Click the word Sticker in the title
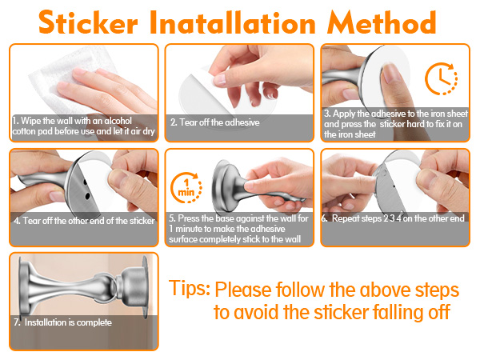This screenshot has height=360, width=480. point(88,22)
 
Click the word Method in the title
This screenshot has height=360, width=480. point(382,22)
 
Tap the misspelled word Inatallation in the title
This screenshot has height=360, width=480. point(233,22)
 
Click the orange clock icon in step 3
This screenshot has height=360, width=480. point(441,78)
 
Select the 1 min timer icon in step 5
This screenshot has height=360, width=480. point(186,188)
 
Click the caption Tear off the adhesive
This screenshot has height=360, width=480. point(215,122)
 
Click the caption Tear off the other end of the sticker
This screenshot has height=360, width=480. point(84,221)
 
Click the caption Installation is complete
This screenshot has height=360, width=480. point(68,322)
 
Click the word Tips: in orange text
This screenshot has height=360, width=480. point(190,288)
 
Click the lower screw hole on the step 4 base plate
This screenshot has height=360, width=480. point(87,196)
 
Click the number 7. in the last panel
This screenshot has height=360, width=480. point(17,322)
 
